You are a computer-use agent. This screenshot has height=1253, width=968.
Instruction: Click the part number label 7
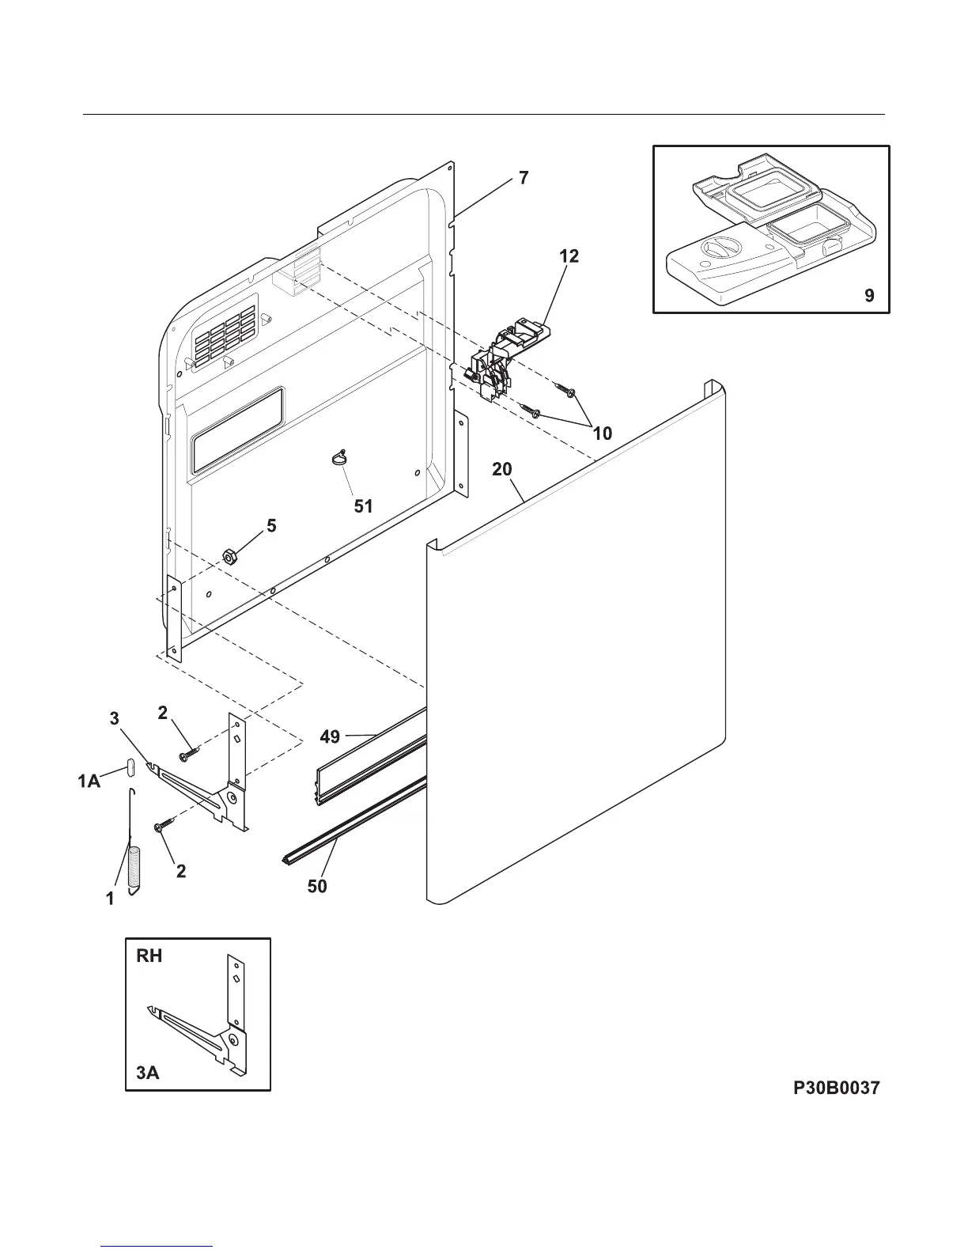point(524,178)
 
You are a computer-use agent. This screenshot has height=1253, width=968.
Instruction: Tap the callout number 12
point(569,256)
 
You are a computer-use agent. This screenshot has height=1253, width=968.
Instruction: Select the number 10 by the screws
point(603,433)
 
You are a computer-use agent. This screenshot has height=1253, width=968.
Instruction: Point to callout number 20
point(502,469)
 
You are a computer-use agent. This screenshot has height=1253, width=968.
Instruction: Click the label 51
point(363,505)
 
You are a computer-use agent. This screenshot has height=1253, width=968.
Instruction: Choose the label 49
point(330,736)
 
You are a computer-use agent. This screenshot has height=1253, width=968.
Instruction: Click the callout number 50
point(316,887)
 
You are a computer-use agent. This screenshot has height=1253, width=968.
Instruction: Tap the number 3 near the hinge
point(115,718)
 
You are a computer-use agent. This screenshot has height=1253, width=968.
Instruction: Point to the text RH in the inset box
point(149,956)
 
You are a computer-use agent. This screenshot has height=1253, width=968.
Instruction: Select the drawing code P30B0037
point(837,1088)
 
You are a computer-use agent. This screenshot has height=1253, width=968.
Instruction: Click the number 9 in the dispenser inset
point(869,296)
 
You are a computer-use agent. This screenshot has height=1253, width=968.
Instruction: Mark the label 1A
point(89,782)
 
